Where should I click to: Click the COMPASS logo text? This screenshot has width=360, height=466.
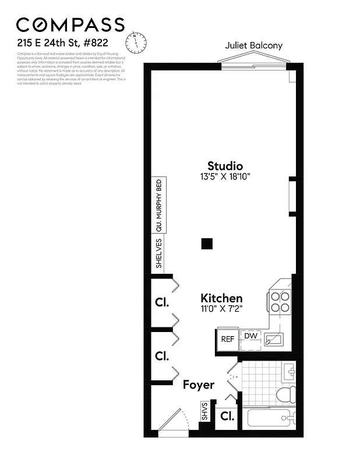coord(70,24)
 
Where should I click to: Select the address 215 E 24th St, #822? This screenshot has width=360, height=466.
coord(62,43)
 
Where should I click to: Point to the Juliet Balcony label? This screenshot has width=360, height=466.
coord(253,46)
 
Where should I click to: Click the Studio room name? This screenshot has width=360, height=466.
coord(225,166)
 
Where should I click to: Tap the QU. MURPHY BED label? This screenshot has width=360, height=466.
coord(158,205)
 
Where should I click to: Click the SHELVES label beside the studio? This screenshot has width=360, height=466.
coord(158,253)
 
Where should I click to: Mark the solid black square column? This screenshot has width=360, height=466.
coord(207,244)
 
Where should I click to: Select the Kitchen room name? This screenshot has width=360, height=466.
coord(221,298)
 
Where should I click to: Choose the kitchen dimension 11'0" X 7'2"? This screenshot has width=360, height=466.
coord(221,308)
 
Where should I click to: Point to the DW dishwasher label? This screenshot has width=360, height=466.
coord(250,336)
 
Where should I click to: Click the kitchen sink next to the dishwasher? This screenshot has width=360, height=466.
coord(272,338)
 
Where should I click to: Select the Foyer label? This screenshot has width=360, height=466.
coord(198,384)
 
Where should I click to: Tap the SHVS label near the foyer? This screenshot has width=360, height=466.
coord(204,412)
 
